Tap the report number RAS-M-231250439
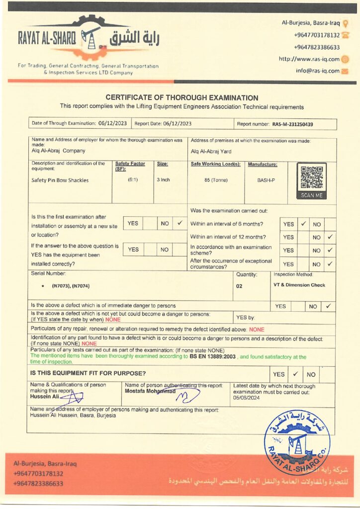click(296, 124)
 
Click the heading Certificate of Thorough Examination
click(181, 98)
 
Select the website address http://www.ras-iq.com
click(309, 59)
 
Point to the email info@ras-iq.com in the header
click(317, 71)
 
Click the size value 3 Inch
click(163, 180)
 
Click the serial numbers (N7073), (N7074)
click(71, 286)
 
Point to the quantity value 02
click(239, 286)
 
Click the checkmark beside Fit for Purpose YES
click(295, 374)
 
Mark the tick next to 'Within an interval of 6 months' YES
click(303, 224)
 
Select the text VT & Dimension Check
click(299, 285)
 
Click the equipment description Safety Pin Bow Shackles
click(60, 180)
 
